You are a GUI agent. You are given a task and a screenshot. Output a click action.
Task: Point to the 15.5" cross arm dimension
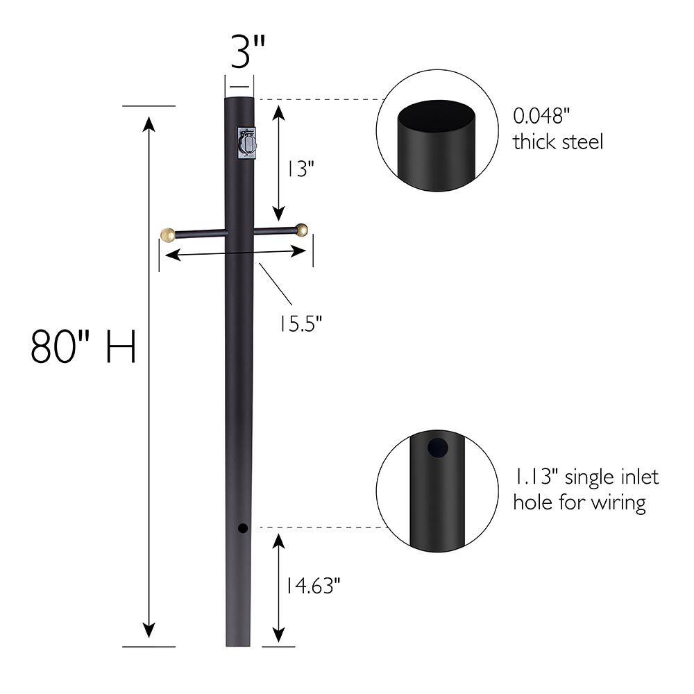point(301,323)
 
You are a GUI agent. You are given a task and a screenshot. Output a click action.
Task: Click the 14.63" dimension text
point(310,586)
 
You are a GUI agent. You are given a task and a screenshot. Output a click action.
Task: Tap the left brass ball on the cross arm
point(167,234)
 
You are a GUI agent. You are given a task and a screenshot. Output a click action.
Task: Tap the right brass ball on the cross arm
point(301,230)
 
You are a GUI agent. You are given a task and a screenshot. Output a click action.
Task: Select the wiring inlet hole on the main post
point(242,529)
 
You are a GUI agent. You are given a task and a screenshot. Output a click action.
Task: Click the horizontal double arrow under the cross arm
point(236,253)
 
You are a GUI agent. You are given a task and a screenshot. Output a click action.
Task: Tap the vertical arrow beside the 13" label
point(278,163)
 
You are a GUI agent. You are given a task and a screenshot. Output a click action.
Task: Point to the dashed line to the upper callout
point(319,100)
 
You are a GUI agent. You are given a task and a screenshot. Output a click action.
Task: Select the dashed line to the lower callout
point(319,527)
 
